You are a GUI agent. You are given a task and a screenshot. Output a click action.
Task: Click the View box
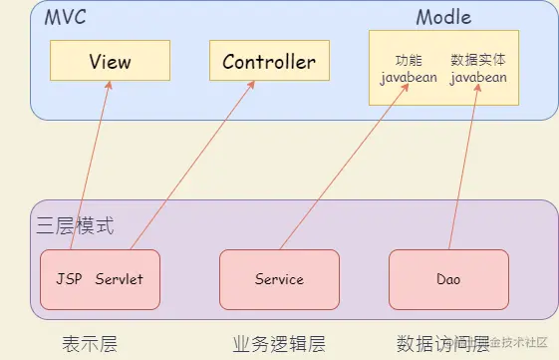coord(110,62)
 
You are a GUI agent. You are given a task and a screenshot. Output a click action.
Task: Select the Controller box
coord(269,62)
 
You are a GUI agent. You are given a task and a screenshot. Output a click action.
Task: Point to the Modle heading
coord(443,17)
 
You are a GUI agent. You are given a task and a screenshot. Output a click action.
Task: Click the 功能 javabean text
coord(409,69)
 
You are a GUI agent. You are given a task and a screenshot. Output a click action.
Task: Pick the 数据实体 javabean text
coord(478,69)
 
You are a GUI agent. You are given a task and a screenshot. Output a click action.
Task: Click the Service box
coord(279,279)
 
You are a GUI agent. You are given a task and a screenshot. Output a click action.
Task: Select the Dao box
coord(448,279)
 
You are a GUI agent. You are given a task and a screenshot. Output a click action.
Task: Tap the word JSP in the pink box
coord(69,279)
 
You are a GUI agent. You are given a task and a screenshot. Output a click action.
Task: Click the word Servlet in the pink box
coord(119,279)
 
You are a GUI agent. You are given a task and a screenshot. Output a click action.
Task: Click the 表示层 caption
coord(90,344)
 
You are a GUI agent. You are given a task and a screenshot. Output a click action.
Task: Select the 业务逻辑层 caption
coord(279,344)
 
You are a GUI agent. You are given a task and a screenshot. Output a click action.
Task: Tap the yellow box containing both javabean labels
coord(443,68)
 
